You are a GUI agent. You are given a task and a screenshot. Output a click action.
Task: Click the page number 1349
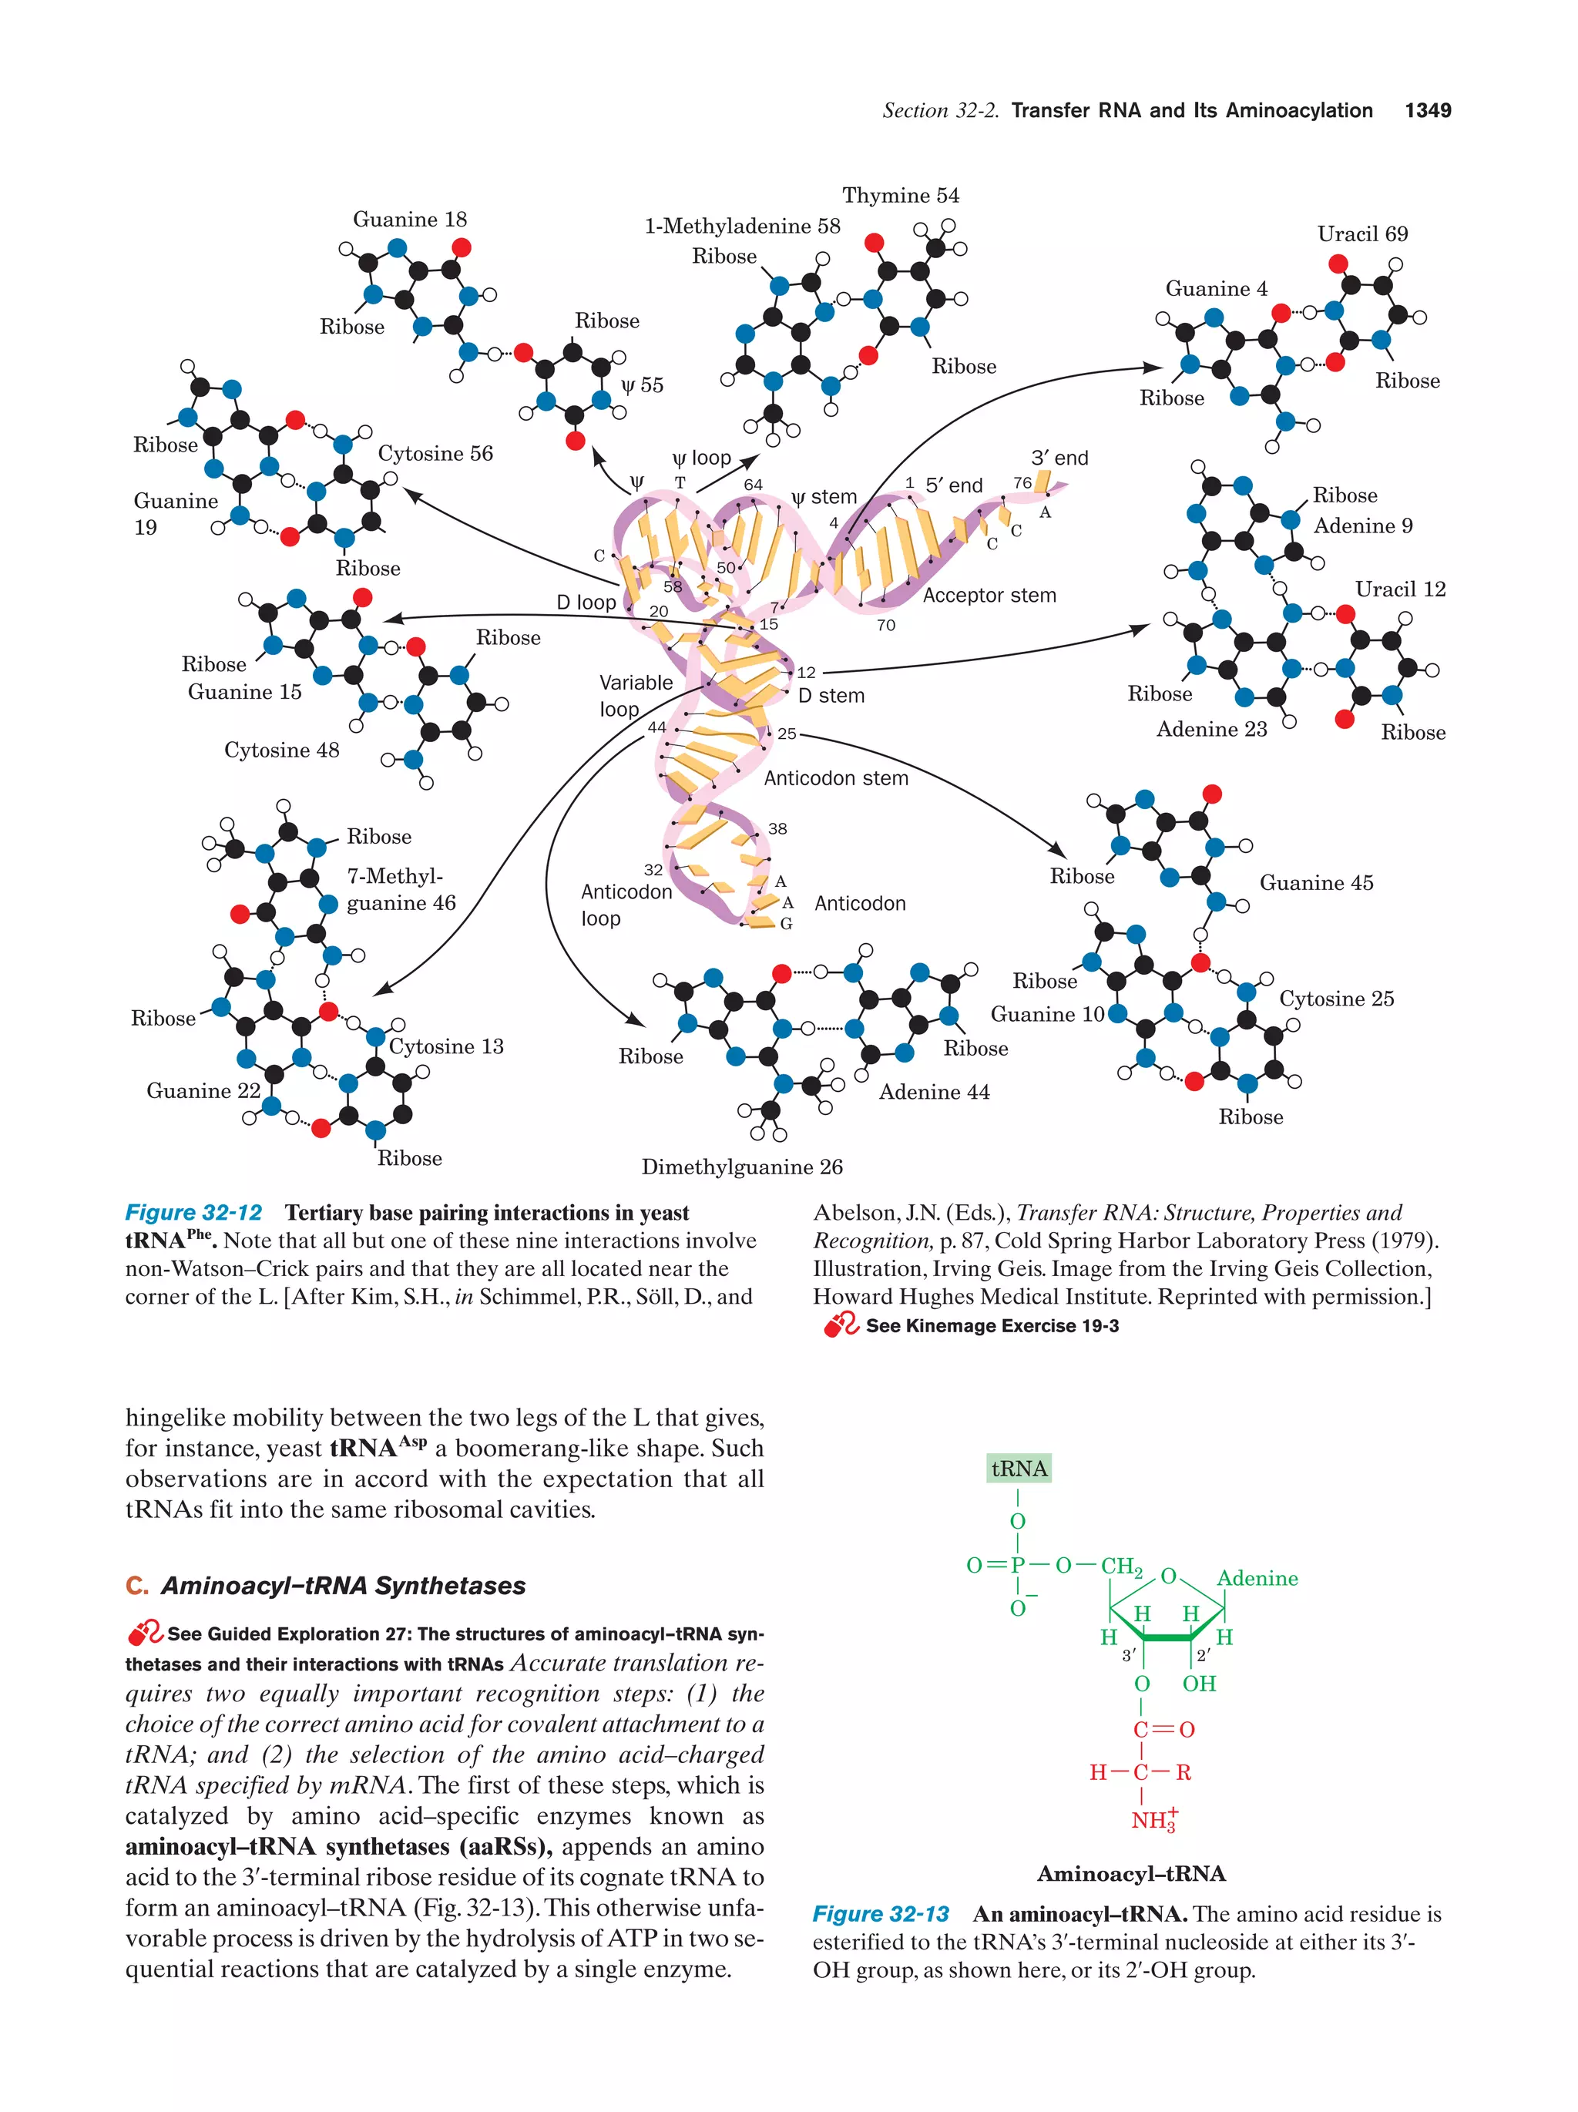pos(1427,111)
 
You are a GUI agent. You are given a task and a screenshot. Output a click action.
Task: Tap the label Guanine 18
pos(410,220)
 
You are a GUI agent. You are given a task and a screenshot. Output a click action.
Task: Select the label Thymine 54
pos(899,196)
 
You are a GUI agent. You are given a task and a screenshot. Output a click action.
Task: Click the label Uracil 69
pos(1361,234)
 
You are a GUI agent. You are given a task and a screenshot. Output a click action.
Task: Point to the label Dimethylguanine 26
pos(742,1167)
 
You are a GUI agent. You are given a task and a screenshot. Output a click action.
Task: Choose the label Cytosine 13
pos(446,1046)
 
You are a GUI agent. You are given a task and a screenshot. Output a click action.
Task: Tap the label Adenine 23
pos(1211,730)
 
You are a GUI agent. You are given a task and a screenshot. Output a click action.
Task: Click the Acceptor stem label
pos(989,596)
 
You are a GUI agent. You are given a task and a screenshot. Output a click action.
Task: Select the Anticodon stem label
pos(835,778)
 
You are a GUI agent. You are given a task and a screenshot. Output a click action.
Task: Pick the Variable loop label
pos(635,695)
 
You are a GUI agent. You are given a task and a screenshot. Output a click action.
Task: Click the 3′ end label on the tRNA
pos(1059,458)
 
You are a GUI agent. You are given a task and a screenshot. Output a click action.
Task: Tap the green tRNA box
pos(1019,1469)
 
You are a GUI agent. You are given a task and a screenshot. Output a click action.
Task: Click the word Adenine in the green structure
pos(1257,1578)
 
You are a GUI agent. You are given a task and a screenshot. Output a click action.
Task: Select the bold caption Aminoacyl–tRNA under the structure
pos(1130,1873)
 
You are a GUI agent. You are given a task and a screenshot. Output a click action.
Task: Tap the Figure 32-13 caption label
pos(880,1914)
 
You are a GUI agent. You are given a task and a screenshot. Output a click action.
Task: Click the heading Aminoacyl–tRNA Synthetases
pos(342,1586)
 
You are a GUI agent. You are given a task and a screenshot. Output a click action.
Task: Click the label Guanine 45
pos(1315,883)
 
